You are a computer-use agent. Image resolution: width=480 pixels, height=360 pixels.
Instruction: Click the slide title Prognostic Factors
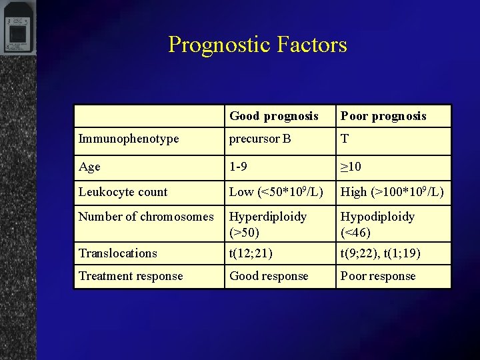point(257,45)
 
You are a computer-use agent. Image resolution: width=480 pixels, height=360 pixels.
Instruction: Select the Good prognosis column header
point(274,116)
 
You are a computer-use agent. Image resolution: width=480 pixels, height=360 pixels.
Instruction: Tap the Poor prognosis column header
point(383,116)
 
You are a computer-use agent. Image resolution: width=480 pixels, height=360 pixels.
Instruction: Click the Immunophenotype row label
point(129,139)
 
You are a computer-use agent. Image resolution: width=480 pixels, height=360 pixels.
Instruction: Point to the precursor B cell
point(260,139)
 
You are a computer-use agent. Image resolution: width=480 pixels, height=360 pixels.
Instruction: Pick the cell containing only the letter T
point(345,139)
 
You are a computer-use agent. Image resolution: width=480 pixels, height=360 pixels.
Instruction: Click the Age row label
point(89,166)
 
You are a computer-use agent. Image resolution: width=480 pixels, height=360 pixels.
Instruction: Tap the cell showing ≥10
point(351,166)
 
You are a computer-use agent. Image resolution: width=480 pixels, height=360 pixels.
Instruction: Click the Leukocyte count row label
point(123,192)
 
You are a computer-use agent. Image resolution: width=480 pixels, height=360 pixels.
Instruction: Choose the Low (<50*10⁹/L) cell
point(276,192)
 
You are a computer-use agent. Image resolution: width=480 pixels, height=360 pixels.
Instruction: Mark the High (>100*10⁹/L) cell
point(392,192)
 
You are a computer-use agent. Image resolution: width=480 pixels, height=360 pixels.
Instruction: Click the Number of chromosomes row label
point(146,217)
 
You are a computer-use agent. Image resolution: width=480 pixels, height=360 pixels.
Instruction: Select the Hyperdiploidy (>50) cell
point(268,225)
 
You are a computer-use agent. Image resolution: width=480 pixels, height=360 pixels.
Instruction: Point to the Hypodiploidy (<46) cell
point(377,225)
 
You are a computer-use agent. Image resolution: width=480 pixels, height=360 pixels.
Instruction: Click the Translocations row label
point(118,253)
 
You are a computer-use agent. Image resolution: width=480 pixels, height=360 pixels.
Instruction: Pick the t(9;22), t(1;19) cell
point(379,253)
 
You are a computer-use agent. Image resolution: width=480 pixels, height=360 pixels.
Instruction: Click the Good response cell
point(269,276)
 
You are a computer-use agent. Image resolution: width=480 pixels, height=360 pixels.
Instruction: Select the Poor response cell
point(378,276)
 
